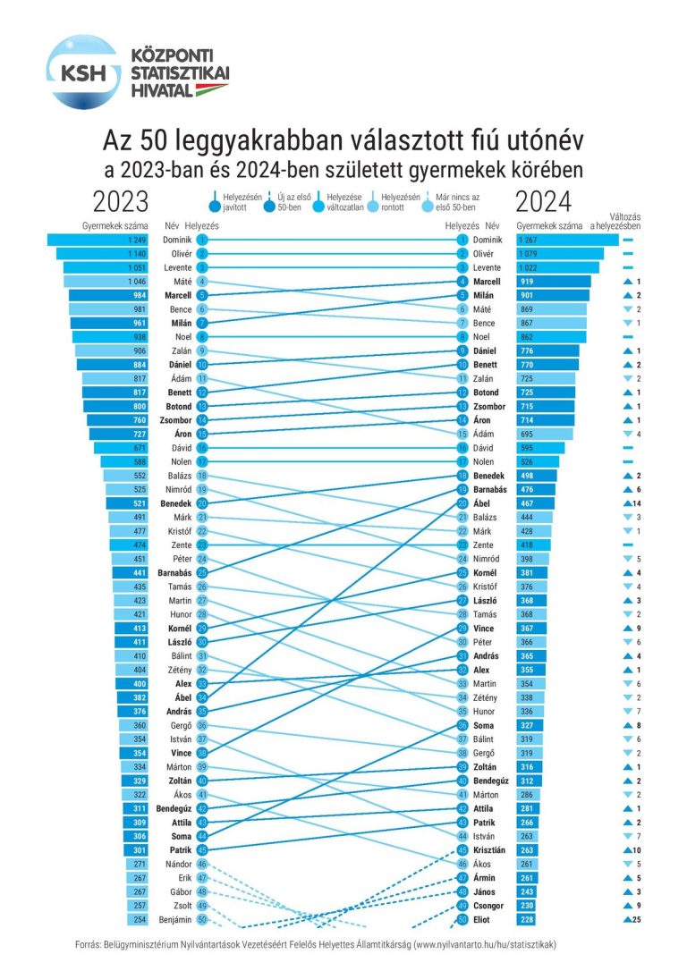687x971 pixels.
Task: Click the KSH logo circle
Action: tap(83, 72)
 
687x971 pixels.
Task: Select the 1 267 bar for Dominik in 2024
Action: tap(567, 240)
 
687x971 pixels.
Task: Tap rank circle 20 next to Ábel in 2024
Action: tap(462, 502)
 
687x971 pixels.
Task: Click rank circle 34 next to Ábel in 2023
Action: tap(203, 697)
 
